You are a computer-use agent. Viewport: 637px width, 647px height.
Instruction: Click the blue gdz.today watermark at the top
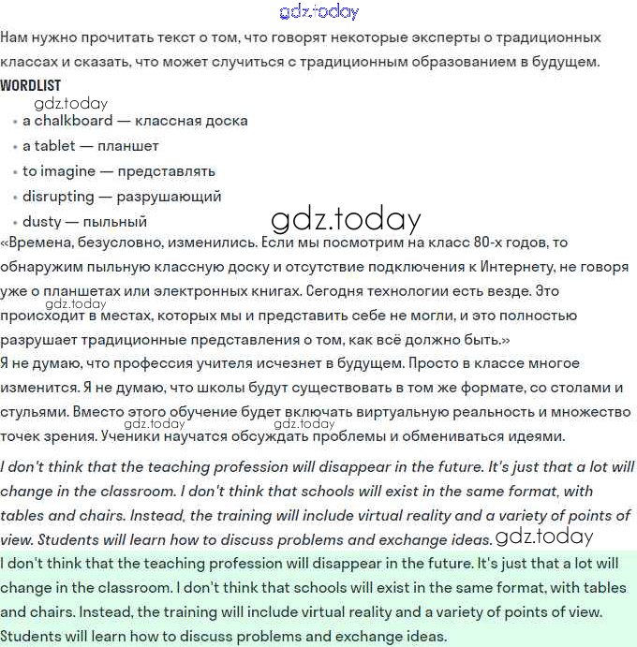tap(318, 12)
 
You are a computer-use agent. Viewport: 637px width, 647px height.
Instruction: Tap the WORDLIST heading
tap(31, 85)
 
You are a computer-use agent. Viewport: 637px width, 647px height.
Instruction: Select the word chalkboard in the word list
tap(75, 121)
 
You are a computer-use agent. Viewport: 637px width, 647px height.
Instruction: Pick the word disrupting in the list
tap(58, 197)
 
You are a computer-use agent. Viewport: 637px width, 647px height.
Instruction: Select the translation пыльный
tap(115, 222)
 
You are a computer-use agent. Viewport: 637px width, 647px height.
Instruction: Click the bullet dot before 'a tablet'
tap(14, 147)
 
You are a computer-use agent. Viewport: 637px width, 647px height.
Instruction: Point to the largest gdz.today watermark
tap(346, 219)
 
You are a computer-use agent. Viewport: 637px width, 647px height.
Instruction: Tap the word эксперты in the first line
tap(449, 38)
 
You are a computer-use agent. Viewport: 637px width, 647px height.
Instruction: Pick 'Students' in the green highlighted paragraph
tap(31, 637)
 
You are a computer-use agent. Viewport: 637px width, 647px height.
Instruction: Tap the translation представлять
tap(166, 171)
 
